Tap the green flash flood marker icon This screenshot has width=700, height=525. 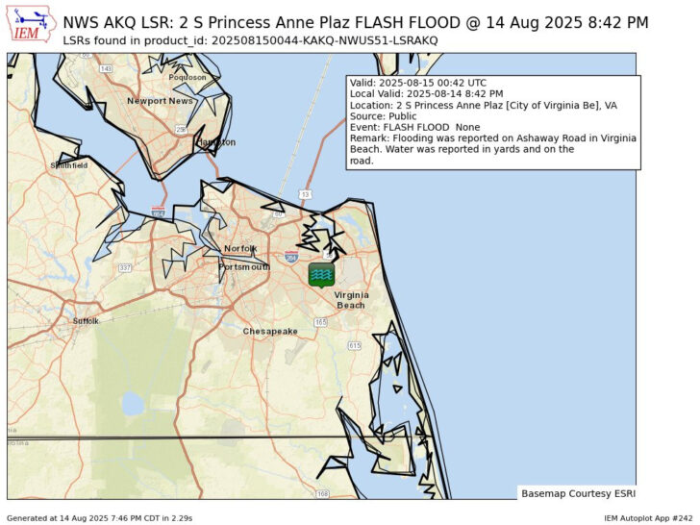pyautogui.click(x=322, y=275)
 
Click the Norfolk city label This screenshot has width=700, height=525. pyautogui.click(x=240, y=248)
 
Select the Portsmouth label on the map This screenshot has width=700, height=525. pyautogui.click(x=244, y=266)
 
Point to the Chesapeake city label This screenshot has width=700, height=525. pyautogui.click(x=270, y=331)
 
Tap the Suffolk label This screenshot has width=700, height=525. pyautogui.click(x=86, y=320)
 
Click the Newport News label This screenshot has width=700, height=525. pyautogui.click(x=160, y=101)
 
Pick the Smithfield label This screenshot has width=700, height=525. pyautogui.click(x=68, y=165)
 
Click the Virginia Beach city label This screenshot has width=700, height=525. pyautogui.click(x=350, y=300)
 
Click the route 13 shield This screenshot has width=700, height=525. pyautogui.click(x=305, y=194)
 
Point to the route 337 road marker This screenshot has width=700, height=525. pyautogui.click(x=124, y=267)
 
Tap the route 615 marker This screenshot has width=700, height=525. pyautogui.click(x=354, y=344)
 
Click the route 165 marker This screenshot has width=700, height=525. pyautogui.click(x=320, y=322)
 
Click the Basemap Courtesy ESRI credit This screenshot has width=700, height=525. pyautogui.click(x=575, y=493)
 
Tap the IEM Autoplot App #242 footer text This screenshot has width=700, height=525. pyautogui.click(x=648, y=518)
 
